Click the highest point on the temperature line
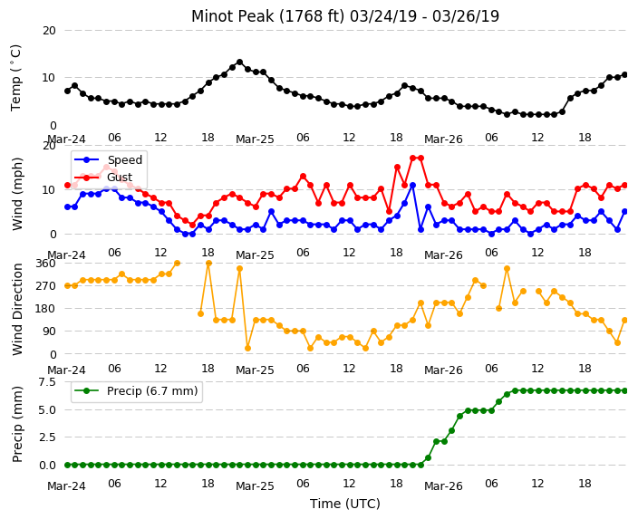point(239,62)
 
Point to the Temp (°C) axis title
point(15,78)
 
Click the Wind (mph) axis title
point(17,195)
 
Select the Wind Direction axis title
point(17,309)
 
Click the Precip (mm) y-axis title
point(17,424)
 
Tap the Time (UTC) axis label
point(345,504)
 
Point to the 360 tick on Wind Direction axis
point(45,264)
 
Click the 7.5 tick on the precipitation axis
point(47,382)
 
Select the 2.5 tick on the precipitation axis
point(47,437)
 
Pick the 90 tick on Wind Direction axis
point(49,332)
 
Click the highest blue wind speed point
point(412,185)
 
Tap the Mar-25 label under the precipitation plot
point(255,486)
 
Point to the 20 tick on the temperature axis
point(49,31)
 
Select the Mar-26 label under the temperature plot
point(443,139)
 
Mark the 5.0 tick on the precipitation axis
point(47,409)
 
